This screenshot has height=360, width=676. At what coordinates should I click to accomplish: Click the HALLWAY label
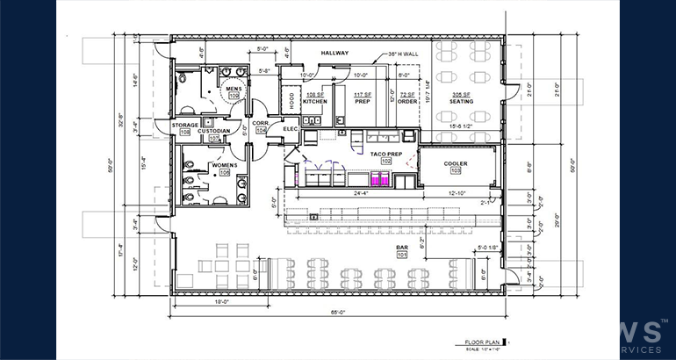(x=335, y=54)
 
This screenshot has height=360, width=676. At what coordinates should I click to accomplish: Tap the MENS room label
(x=233, y=89)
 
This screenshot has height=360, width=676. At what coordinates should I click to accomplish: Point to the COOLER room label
(x=455, y=163)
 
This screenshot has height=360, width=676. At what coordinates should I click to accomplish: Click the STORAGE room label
(x=184, y=126)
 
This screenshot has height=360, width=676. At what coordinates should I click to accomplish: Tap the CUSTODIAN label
(x=213, y=131)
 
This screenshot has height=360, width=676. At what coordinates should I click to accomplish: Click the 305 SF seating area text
(x=461, y=94)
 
